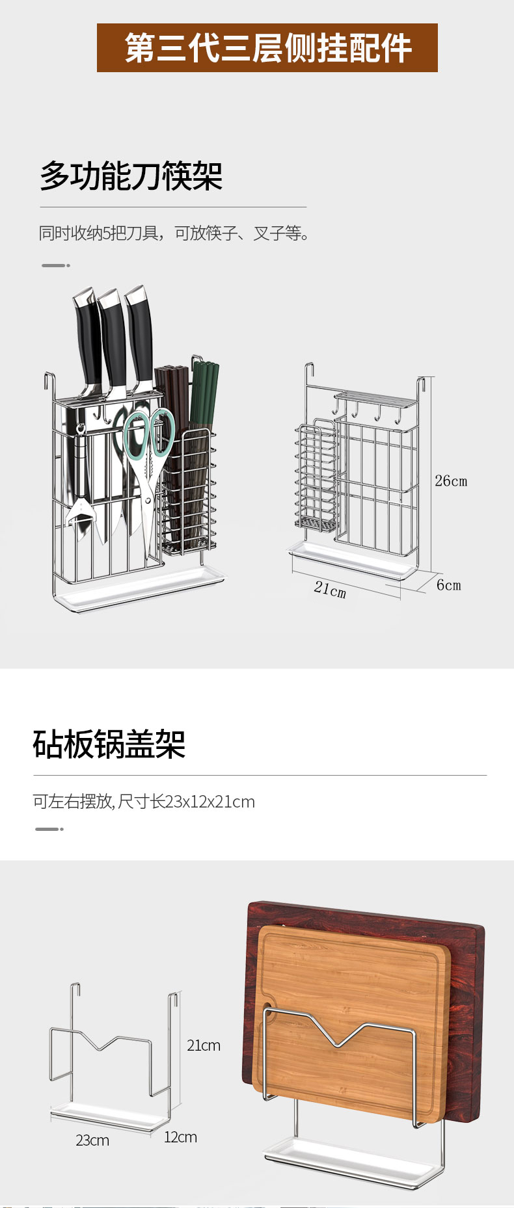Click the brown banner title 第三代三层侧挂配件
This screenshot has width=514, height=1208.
coord(267,48)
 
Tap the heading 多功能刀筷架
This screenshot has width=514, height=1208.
coord(131,176)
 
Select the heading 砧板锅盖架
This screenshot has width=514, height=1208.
coord(109,744)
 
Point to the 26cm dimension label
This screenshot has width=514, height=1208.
coord(451,481)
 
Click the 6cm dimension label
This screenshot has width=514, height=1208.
coord(448,585)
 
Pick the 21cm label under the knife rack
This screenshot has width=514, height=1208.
coord(330,589)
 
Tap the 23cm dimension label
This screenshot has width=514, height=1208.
coord(92,1140)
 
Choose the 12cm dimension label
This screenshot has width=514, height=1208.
coord(180,1137)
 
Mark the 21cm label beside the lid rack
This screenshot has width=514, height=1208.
coord(204,1045)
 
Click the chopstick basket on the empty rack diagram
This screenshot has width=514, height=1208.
coord(316,478)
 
